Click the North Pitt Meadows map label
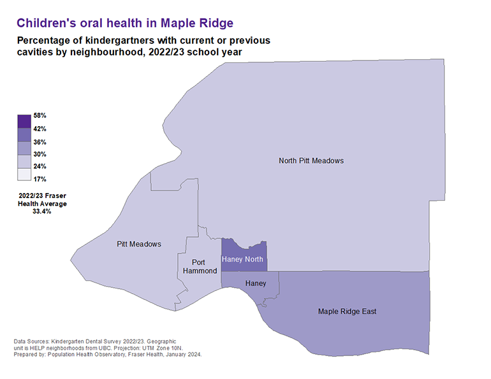311,161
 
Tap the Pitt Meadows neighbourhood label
139,244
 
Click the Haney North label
242,259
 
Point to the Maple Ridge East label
348,311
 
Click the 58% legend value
40,116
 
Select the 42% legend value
40,129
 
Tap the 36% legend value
40,142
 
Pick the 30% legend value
40,154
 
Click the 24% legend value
40,167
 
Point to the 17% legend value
40,179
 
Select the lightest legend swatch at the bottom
24,173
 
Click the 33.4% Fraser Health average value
41,211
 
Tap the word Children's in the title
43,23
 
